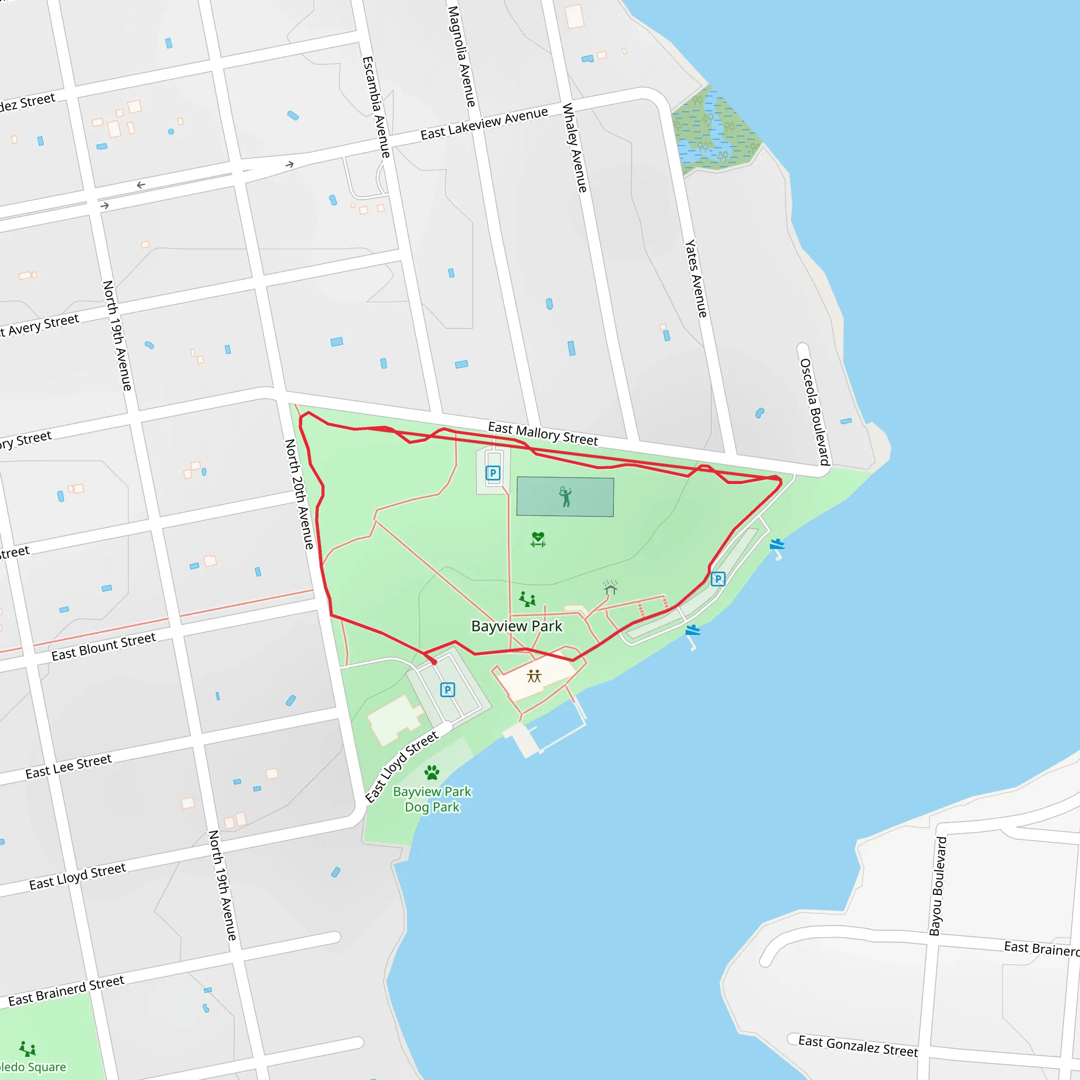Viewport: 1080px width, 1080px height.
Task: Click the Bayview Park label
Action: pos(516,626)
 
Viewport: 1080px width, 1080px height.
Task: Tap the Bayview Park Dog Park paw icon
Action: pos(431,773)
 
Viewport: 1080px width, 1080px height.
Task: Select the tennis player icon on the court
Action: pos(565,496)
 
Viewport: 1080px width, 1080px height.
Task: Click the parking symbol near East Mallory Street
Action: pos(493,473)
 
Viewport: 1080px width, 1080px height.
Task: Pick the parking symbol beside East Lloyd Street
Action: pos(447,690)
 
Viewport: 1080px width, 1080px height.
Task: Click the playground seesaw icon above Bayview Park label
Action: pos(527,599)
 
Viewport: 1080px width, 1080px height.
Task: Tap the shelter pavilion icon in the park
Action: pos(611,587)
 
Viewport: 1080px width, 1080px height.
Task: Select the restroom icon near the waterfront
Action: pos(534,677)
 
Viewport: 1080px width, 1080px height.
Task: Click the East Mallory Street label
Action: pos(543,435)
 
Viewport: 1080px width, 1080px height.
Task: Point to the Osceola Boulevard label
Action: pos(814,412)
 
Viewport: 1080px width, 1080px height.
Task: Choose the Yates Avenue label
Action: pos(696,278)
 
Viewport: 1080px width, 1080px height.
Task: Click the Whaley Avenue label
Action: pos(575,148)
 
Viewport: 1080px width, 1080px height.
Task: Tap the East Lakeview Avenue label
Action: pos(484,123)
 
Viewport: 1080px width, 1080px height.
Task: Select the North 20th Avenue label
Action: pos(299,494)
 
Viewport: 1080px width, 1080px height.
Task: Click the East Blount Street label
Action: pos(103,647)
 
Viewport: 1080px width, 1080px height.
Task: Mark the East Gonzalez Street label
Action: pos(857,1046)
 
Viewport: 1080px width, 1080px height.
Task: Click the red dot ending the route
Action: pos(435,662)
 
